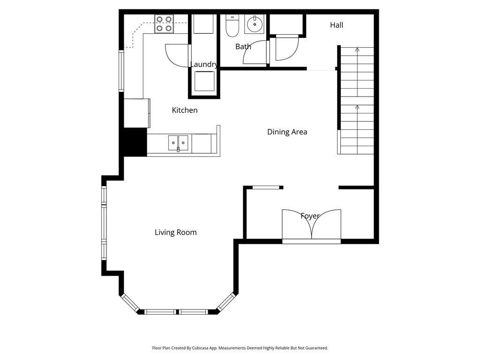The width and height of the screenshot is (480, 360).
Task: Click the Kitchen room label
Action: coord(185,110)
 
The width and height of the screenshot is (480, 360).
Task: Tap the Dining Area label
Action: coord(287,132)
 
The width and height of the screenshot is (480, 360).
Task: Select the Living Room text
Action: coord(176,232)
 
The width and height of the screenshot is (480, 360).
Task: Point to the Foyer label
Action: coord(310,216)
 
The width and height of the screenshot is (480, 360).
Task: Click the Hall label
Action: coord(337,25)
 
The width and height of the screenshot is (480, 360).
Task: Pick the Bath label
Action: coord(243,46)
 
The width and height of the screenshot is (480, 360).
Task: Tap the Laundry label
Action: coord(204,64)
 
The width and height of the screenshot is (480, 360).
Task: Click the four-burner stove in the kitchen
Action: coord(164,24)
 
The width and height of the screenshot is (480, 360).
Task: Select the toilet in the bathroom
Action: coord(232,26)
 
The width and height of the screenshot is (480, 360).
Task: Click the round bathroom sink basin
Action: coord(255,24)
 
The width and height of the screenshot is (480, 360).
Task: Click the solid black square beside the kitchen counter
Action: coord(135,142)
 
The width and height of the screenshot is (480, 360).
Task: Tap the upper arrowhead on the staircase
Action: coord(357,49)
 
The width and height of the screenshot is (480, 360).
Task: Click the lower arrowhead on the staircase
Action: coord(357,107)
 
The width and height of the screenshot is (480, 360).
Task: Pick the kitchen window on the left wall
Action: coord(121,71)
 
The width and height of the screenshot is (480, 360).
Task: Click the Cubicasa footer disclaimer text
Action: coord(240,348)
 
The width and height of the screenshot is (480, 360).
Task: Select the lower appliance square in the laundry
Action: coord(204,81)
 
